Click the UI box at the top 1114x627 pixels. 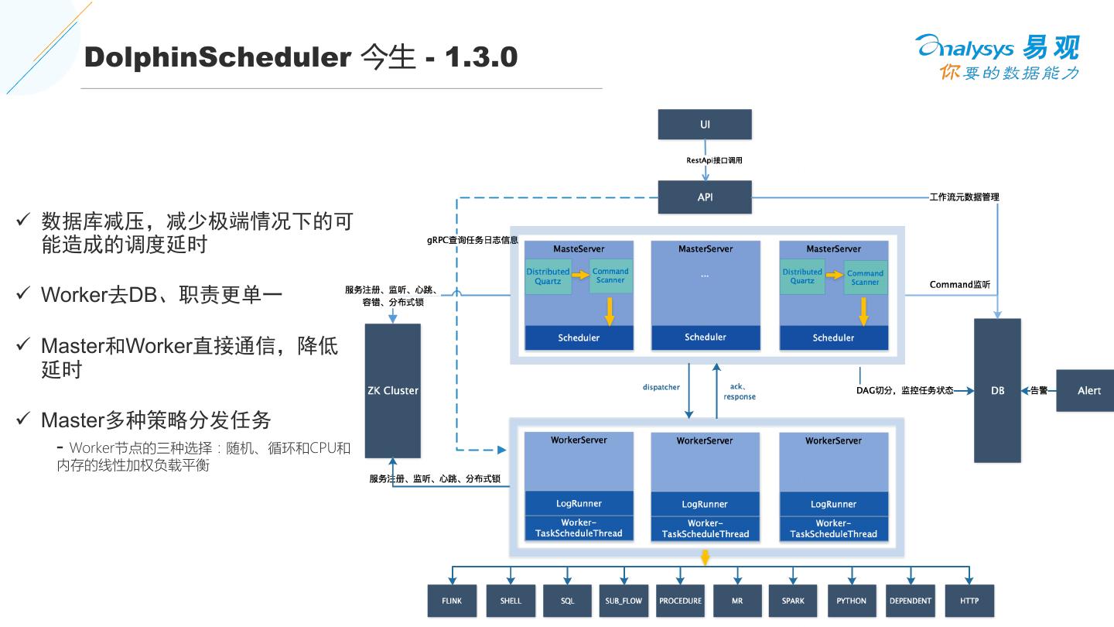click(705, 125)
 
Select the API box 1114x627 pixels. click(705, 197)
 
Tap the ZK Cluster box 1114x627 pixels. click(392, 390)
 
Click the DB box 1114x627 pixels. click(997, 390)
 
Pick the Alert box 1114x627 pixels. click(1088, 390)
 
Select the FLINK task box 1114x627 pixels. click(452, 601)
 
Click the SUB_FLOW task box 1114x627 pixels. click(624, 601)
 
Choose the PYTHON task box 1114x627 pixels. click(851, 601)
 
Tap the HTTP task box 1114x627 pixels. click(969, 601)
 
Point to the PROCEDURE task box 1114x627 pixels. click(680, 601)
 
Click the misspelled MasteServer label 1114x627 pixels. click(579, 248)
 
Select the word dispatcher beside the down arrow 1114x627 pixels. click(661, 386)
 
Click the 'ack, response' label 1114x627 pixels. click(740, 392)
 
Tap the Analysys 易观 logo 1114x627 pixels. click(998, 56)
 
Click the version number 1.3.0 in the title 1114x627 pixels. click(480, 57)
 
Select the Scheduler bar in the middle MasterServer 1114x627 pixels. click(705, 337)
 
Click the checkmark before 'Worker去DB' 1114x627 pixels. click(23, 294)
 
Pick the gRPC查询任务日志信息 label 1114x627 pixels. click(472, 240)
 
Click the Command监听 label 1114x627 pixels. click(959, 285)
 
